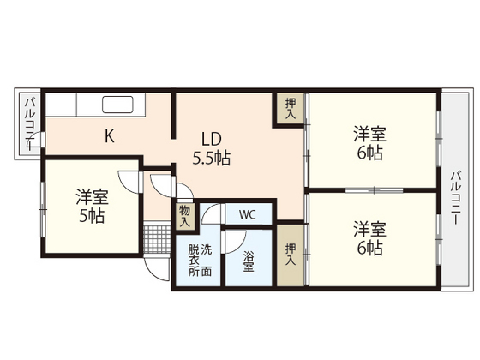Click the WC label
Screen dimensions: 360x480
pos(247,213)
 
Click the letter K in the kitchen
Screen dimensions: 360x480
pos(110,135)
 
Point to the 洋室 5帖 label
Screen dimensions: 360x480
pos(90,205)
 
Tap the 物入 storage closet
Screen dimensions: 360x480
pos(185,214)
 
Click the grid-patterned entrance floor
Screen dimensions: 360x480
pos(155,236)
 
